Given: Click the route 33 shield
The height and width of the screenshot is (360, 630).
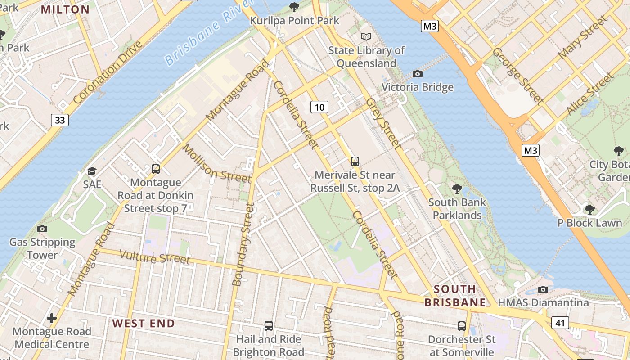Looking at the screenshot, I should tap(59, 120).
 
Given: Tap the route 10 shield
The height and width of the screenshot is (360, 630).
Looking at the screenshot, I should tap(319, 107).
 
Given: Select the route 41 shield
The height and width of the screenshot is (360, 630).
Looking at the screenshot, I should tap(559, 322).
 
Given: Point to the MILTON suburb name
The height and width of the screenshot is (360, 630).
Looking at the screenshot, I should tap(65, 9).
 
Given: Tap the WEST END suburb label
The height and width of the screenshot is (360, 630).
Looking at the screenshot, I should tap(144, 323).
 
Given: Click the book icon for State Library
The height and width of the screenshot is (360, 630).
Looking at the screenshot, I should tap(367, 36).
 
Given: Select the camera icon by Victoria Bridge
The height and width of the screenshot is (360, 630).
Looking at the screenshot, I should tap(418, 74).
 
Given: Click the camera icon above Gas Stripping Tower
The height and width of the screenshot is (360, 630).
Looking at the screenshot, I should tap(42, 229).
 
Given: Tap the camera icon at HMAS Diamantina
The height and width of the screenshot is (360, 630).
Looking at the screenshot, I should tap(543, 289).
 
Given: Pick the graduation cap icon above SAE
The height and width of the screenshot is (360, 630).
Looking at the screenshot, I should tap(92, 171).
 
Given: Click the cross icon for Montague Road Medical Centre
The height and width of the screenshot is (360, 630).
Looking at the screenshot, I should tap(52, 318).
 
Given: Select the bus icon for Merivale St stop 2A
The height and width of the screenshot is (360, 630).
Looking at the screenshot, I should tap(355, 161).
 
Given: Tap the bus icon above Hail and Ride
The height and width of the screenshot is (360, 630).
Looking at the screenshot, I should tap(269, 325).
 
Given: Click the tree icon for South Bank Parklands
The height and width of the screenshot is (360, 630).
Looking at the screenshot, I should tap(457, 189).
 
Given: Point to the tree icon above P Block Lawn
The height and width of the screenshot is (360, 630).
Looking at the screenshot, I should tap(589, 209).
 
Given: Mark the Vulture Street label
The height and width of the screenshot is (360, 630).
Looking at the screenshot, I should tap(155, 257).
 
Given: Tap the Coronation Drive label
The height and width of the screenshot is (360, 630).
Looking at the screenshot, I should tap(108, 72).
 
